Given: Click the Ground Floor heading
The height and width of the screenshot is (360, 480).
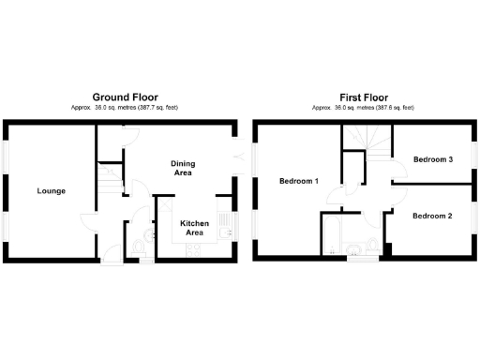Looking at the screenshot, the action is (125, 97).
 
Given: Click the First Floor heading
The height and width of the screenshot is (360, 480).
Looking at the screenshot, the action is (363, 97).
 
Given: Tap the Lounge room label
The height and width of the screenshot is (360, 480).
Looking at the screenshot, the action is (51, 191).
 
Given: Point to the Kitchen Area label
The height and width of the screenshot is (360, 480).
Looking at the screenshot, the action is (192, 227).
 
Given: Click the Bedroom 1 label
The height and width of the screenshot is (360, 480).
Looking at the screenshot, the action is (298, 181).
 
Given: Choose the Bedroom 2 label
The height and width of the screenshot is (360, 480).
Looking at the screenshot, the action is (432, 216).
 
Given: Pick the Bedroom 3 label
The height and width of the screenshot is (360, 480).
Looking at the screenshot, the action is (433, 159).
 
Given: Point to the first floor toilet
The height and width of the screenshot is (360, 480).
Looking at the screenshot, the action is (372, 247).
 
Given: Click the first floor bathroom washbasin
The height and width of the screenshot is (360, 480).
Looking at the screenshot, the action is (354, 247).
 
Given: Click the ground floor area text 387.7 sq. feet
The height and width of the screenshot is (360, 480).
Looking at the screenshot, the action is (155, 108).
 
